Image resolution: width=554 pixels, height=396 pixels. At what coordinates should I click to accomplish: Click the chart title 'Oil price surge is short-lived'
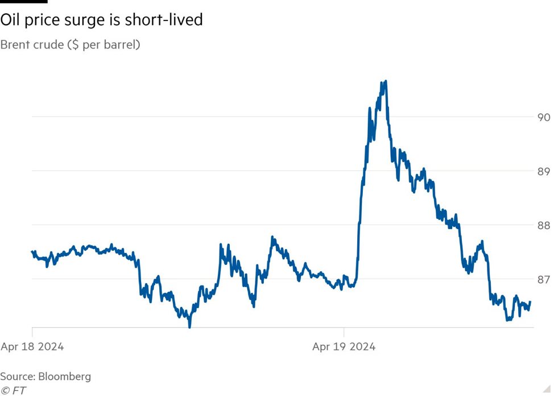tap(101, 21)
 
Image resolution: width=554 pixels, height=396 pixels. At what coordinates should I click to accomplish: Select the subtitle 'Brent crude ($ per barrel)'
tap(70, 44)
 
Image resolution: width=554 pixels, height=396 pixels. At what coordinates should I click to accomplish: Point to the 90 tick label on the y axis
tap(543, 117)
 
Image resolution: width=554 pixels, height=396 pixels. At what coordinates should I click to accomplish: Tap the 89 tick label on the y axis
tap(543, 172)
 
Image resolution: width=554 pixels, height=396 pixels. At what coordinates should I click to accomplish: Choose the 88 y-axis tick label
tap(543, 226)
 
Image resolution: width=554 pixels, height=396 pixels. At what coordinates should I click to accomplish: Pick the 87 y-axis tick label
tap(543, 279)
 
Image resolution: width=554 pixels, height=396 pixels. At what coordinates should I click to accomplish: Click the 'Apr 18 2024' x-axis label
tap(32, 346)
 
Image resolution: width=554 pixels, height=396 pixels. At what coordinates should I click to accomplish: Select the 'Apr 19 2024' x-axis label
tap(344, 346)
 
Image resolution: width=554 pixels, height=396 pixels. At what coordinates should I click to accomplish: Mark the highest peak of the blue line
tap(386, 81)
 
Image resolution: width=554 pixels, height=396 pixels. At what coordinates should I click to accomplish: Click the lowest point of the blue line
tap(189, 326)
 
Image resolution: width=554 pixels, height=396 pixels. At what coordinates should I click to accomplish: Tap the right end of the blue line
tap(530, 302)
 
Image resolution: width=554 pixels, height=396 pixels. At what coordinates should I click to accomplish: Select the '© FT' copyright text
tap(13, 390)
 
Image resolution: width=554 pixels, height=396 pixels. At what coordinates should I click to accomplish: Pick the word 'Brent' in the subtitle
tap(15, 44)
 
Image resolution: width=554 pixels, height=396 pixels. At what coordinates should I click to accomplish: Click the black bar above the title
tap(23, 2)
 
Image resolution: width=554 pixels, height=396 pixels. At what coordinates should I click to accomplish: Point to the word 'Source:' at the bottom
tap(17, 377)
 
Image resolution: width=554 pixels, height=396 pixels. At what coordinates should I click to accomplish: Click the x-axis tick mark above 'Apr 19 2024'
tap(344, 332)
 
